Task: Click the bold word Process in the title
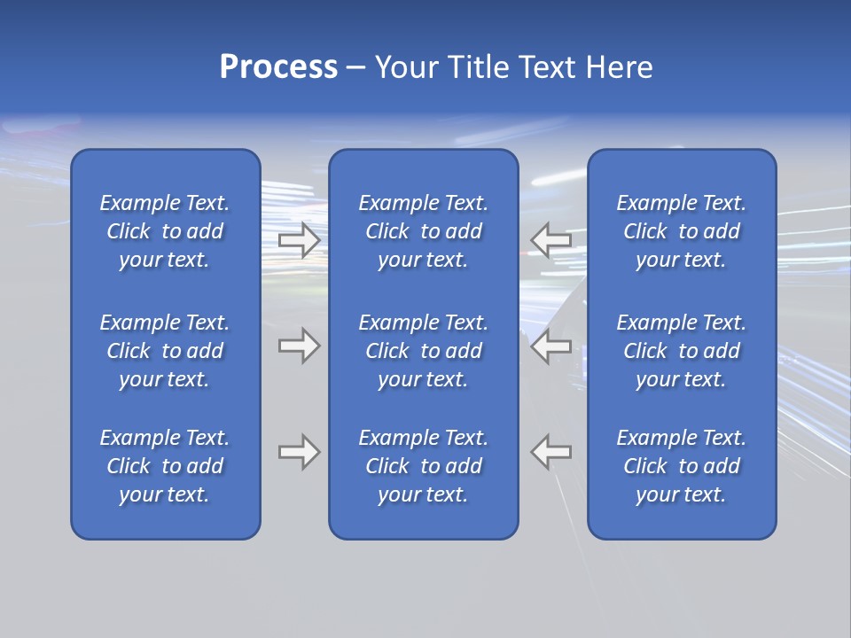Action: click(x=278, y=67)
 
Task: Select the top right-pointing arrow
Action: click(x=300, y=240)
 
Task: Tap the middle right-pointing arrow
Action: click(x=300, y=346)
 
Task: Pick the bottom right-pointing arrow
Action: click(x=300, y=452)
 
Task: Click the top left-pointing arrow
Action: click(x=550, y=240)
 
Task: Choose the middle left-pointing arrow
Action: click(x=550, y=346)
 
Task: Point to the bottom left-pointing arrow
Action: click(x=550, y=452)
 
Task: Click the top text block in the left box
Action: click(x=165, y=231)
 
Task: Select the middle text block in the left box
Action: click(x=165, y=351)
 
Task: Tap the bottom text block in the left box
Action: click(x=165, y=466)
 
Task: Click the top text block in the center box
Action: click(x=424, y=231)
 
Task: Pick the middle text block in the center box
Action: click(x=424, y=351)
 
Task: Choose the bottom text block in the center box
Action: click(x=424, y=466)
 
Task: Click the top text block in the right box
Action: click(x=682, y=231)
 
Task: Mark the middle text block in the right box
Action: click(x=682, y=351)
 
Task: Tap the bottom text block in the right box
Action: click(x=682, y=466)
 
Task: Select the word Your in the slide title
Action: click(x=407, y=67)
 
